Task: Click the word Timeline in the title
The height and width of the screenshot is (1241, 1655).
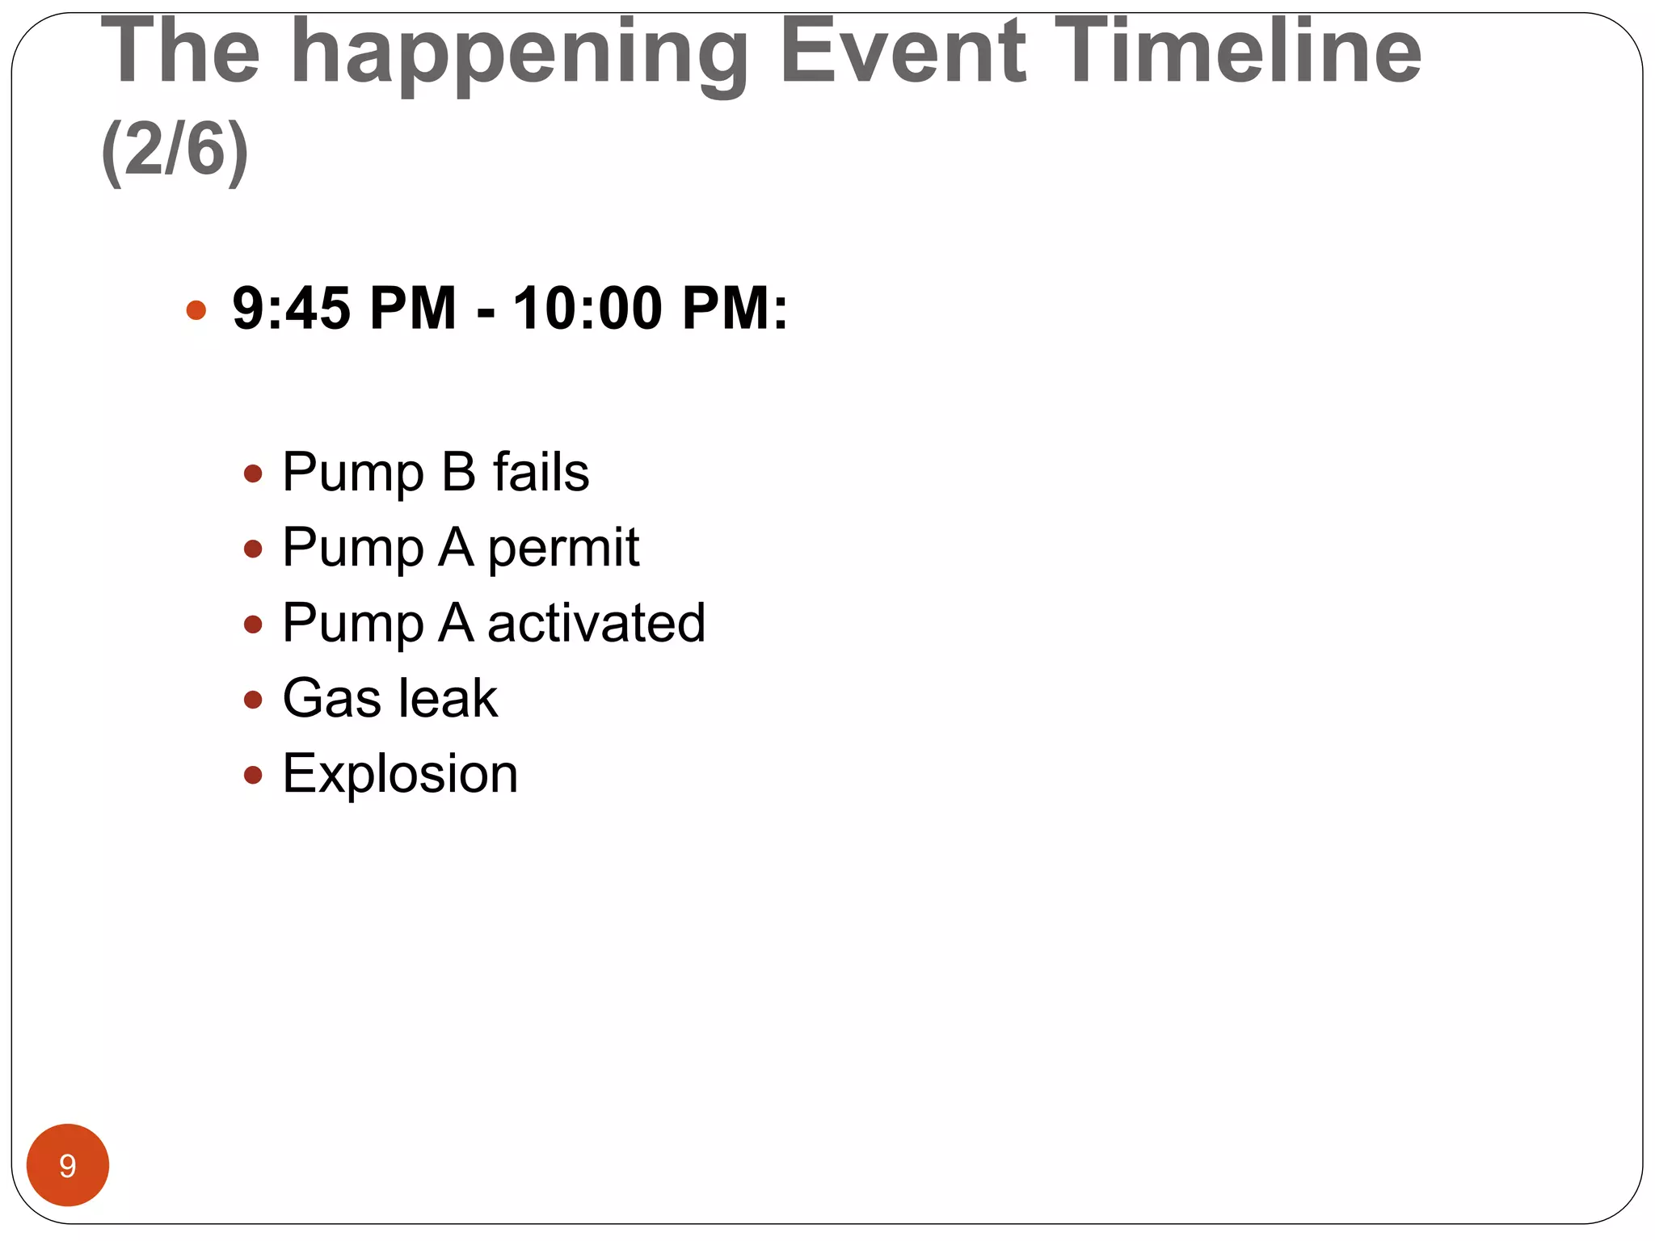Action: [x=1237, y=52]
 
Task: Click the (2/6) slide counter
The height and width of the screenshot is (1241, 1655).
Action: [x=175, y=150]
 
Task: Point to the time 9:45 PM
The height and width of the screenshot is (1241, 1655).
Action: [x=344, y=309]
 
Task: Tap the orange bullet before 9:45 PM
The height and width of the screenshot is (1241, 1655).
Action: [x=196, y=310]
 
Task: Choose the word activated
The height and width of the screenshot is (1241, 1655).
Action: [x=596, y=623]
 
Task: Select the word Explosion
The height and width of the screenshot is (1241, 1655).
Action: [x=400, y=774]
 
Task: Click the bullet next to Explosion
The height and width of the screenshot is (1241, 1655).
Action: [x=253, y=776]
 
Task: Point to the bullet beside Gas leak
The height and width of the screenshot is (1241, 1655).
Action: [x=253, y=700]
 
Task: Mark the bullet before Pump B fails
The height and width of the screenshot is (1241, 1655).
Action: [x=253, y=473]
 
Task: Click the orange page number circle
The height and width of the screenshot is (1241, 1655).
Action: [x=68, y=1165]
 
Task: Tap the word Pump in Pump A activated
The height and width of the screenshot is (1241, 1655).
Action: [x=352, y=625]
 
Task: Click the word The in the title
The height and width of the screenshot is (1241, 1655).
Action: [x=180, y=52]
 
